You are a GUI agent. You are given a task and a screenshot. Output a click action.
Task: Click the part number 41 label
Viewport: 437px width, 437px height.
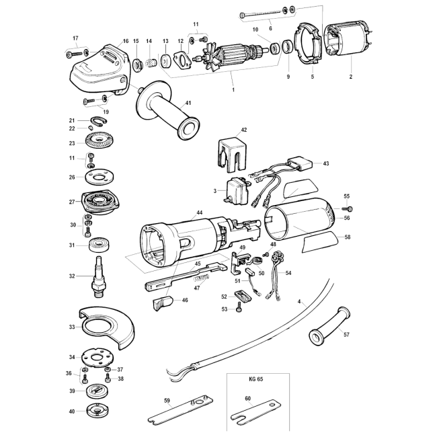(188, 103)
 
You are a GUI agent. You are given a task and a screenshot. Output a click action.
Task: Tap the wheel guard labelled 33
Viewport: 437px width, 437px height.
(108, 328)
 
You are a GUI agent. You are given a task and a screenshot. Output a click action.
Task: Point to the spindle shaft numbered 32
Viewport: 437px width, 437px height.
(100, 276)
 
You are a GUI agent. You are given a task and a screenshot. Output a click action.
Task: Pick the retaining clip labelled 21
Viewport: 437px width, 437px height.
(99, 120)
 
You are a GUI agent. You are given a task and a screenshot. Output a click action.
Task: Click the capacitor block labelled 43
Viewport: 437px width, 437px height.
(301, 163)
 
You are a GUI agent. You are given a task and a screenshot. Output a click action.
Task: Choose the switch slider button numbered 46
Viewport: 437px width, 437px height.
(163, 303)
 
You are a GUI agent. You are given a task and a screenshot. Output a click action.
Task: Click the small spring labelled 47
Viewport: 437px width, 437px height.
(202, 278)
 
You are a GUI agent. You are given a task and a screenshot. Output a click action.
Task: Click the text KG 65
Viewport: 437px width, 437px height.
(256, 379)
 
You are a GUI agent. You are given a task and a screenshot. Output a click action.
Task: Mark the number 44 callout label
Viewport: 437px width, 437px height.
(199, 212)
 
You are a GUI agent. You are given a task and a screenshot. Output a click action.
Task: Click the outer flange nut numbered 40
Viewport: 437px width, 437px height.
(97, 411)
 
